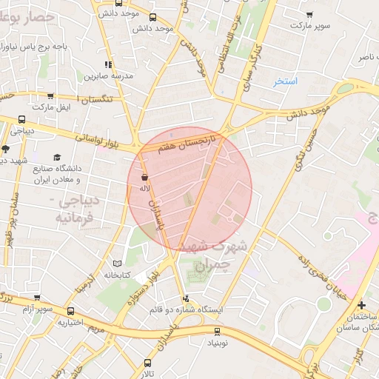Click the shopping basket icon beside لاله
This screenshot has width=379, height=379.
click(144, 178)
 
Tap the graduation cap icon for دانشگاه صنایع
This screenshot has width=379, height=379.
click(57, 158)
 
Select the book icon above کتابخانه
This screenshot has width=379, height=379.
click(117, 264)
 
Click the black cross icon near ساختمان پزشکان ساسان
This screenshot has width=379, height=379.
click(361, 304)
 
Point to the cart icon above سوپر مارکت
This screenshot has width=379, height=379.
click(309, 14)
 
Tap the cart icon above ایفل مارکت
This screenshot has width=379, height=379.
click(50, 96)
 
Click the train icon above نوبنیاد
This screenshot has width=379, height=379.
click(217, 332)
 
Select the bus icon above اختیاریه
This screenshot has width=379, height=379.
click(70, 312)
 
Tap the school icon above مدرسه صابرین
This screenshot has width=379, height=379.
click(109, 65)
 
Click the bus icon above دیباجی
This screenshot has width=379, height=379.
click(21, 119)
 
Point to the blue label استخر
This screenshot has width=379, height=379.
click(285, 81)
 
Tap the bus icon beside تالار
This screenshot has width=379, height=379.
click(147, 363)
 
